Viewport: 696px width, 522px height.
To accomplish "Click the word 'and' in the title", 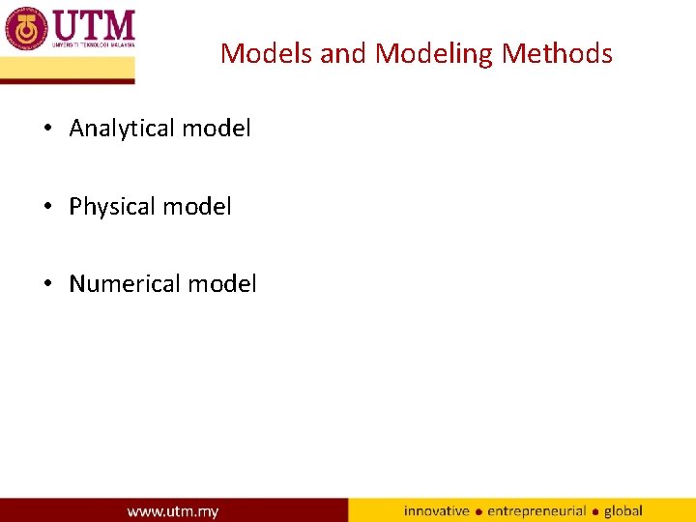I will coord(344,53).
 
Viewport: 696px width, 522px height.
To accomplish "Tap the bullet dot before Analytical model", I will coord(48,129).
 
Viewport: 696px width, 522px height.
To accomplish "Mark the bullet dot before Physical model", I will coord(48,207).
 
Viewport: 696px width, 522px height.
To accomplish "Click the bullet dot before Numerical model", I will coord(48,284).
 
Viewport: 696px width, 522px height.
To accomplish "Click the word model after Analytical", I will coord(219,129).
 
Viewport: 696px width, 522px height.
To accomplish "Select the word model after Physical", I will coord(200,207).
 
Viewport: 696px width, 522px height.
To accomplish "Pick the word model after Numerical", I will coord(224,284).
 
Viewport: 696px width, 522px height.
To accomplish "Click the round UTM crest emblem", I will coord(26,28).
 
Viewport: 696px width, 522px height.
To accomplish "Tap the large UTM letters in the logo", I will coord(93,23).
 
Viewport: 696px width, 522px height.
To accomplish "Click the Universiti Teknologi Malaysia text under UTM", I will coord(93,44).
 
